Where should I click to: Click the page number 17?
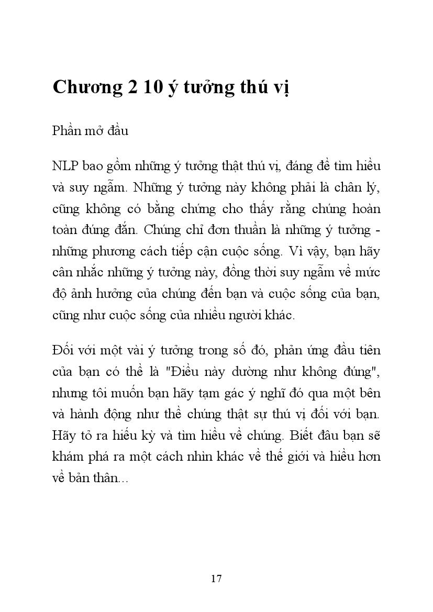pyautogui.click(x=216, y=578)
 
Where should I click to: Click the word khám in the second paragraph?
pyautogui.click(x=67, y=456)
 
